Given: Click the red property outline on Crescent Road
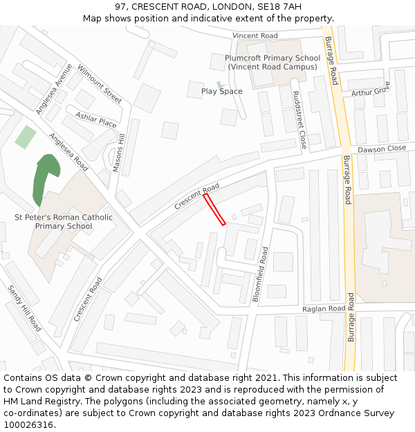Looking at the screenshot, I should pyautogui.click(x=214, y=209).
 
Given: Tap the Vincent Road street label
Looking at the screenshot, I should pyautogui.click(x=255, y=36).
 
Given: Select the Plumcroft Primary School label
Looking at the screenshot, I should pyautogui.click(x=273, y=62).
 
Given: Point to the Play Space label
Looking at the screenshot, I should pyautogui.click(x=221, y=91).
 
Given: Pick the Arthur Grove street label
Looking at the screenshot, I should pyautogui.click(x=371, y=90).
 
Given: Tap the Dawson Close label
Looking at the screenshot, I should pyautogui.click(x=382, y=149).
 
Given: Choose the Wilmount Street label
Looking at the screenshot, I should pyautogui.click(x=100, y=84).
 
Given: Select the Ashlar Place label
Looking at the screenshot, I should pyautogui.click(x=96, y=120).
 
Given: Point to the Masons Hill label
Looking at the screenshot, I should pyautogui.click(x=120, y=153).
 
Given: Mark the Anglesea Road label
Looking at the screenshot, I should pyautogui.click(x=68, y=152).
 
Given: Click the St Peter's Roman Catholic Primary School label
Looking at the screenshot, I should pyautogui.click(x=64, y=222).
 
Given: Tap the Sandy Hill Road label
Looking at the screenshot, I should pyautogui.click(x=24, y=308).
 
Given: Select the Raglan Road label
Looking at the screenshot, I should pyautogui.click(x=324, y=308).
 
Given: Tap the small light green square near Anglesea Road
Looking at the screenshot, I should pyautogui.click(x=26, y=137).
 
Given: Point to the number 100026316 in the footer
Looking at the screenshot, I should pyautogui.click(x=28, y=424).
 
